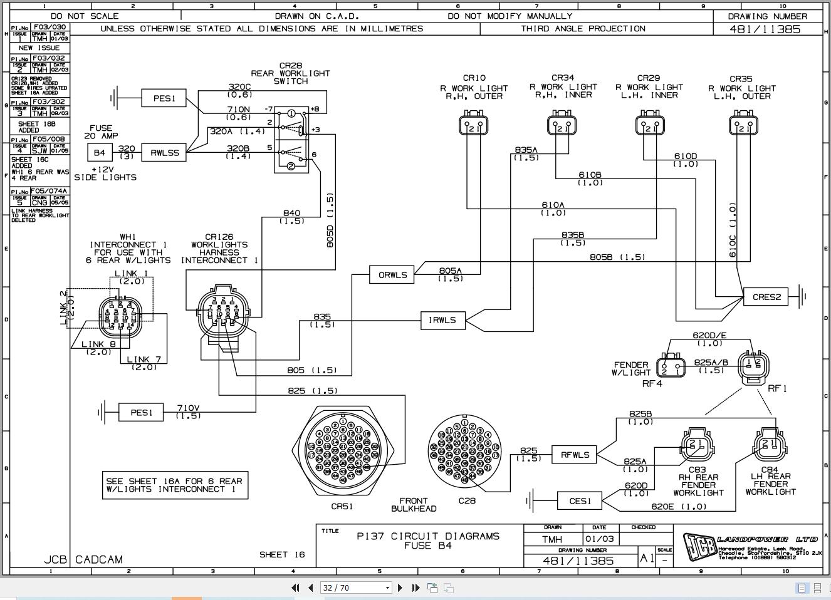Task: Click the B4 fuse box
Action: pos(100,152)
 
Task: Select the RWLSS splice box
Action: pos(164,152)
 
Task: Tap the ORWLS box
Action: pos(392,275)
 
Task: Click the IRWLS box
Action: pos(442,320)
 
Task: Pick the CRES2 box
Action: pos(765,297)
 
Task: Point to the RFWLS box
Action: pos(574,455)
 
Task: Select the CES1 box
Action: pos(580,501)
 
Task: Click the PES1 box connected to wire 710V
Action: pos(141,412)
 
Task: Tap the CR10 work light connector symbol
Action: pos(474,124)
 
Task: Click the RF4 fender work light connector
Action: pos(671,367)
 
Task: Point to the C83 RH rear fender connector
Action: pos(697,444)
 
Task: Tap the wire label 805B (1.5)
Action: pos(617,257)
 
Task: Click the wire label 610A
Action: pos(553,205)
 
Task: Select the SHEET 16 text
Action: pos(282,554)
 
